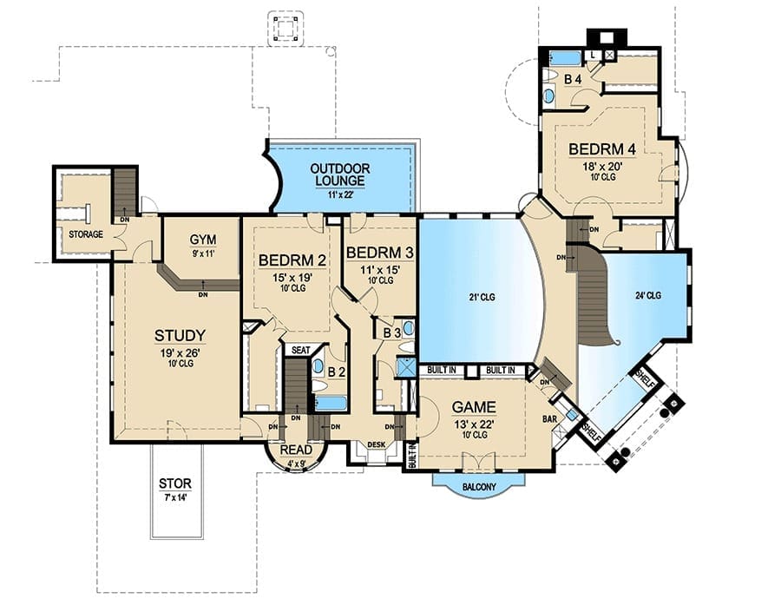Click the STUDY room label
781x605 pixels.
point(180,335)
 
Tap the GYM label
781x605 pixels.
point(203,240)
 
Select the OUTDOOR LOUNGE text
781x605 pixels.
point(339,175)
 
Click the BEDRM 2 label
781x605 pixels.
point(292,260)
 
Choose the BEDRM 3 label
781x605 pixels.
point(379,253)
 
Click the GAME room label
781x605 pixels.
point(474,407)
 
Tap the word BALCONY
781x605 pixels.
point(479,486)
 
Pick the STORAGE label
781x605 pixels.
point(86,234)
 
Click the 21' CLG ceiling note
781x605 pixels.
point(482,298)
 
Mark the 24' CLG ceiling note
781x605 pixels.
point(648,295)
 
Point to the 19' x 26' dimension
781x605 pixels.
point(180,352)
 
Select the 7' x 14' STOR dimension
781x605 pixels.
point(174,496)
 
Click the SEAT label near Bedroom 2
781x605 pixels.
point(300,351)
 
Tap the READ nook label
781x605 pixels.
point(296,450)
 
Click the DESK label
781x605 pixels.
point(376,444)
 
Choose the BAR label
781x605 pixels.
point(549,419)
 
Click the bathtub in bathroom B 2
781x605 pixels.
point(331,403)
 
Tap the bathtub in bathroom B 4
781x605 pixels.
point(565,57)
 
